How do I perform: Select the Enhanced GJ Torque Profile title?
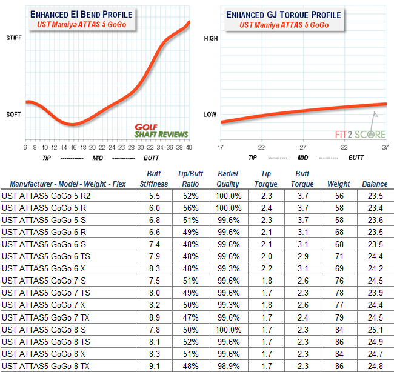pyautogui.click(x=284, y=14)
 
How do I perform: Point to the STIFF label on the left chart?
pyautogui.click(x=13, y=38)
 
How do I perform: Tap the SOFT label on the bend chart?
pyautogui.click(x=13, y=114)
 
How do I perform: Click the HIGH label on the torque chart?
pyautogui.click(x=210, y=38)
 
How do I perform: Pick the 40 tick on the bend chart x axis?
pyautogui.click(x=189, y=147)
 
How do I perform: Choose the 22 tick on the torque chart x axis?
pyautogui.click(x=261, y=147)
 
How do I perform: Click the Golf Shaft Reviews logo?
pyautogui.click(x=161, y=130)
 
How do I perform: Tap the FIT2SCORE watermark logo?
pyautogui.click(x=361, y=134)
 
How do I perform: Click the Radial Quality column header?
pyautogui.click(x=228, y=179)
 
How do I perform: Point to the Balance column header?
pyautogui.click(x=375, y=184)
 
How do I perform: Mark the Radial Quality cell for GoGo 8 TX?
pyautogui.click(x=228, y=367)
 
